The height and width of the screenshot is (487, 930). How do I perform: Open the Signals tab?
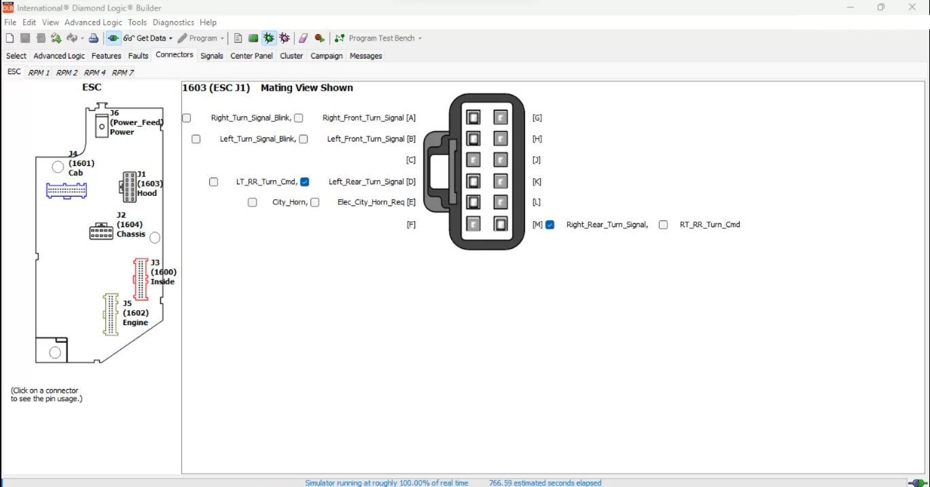coord(211,56)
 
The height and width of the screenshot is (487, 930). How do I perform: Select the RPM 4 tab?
coord(94,73)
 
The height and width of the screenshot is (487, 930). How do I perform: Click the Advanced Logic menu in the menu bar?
coord(93,22)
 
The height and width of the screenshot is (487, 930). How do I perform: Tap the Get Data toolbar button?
coord(148,38)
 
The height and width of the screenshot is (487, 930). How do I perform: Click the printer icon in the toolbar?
coord(94,38)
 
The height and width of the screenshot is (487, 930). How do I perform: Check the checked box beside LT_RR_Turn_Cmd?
coord(304,182)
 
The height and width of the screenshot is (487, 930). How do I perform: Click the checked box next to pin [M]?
coord(550,225)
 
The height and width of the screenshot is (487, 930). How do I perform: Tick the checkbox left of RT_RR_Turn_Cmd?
coord(663,225)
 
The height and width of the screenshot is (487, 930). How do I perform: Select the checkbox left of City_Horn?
coord(252,203)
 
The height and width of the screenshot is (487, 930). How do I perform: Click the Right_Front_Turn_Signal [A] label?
coord(369,118)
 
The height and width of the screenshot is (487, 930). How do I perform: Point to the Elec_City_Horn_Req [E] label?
coord(376,203)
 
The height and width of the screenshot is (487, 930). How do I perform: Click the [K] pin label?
coord(537,182)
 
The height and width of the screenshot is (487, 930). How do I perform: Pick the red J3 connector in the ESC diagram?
coord(141,279)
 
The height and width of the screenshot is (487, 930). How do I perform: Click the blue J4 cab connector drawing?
coord(67,190)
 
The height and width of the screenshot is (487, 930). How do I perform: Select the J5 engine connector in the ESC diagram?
coord(111,314)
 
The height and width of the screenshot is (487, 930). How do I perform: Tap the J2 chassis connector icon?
coord(101,231)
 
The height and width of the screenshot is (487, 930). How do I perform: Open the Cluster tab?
coord(291,56)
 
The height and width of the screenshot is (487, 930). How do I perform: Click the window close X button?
coord(912,7)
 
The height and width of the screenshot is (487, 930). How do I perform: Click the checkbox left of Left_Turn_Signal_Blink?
coord(196,139)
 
